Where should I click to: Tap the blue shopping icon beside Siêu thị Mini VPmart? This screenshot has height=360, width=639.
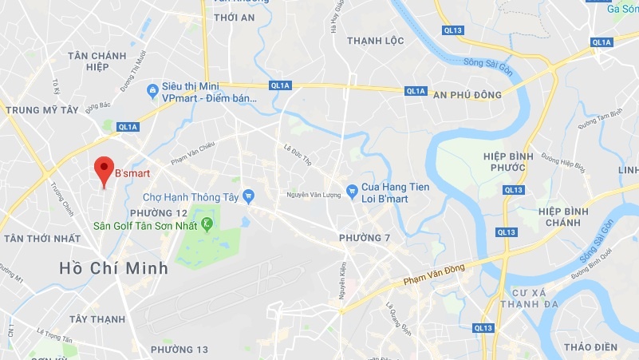pyautogui.click(x=152, y=92)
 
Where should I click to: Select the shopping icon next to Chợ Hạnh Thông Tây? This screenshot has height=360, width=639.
pyautogui.click(x=249, y=196)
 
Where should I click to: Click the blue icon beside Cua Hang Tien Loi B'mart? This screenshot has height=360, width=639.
pyautogui.click(x=352, y=190)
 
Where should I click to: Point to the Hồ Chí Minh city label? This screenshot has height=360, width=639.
pyautogui.click(x=114, y=268)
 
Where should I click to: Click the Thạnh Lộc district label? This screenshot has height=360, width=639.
pyautogui.click(x=376, y=41)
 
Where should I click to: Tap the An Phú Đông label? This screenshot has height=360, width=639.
pyautogui.click(x=467, y=95)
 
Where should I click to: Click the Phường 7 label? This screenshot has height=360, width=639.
pyautogui.click(x=365, y=239)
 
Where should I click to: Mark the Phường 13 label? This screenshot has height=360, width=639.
pyautogui.click(x=179, y=350)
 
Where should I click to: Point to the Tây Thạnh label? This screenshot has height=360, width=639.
pyautogui.click(x=97, y=318)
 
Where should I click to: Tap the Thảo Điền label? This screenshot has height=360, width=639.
pyautogui.click(x=590, y=346)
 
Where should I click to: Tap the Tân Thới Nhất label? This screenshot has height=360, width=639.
pyautogui.click(x=42, y=239)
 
